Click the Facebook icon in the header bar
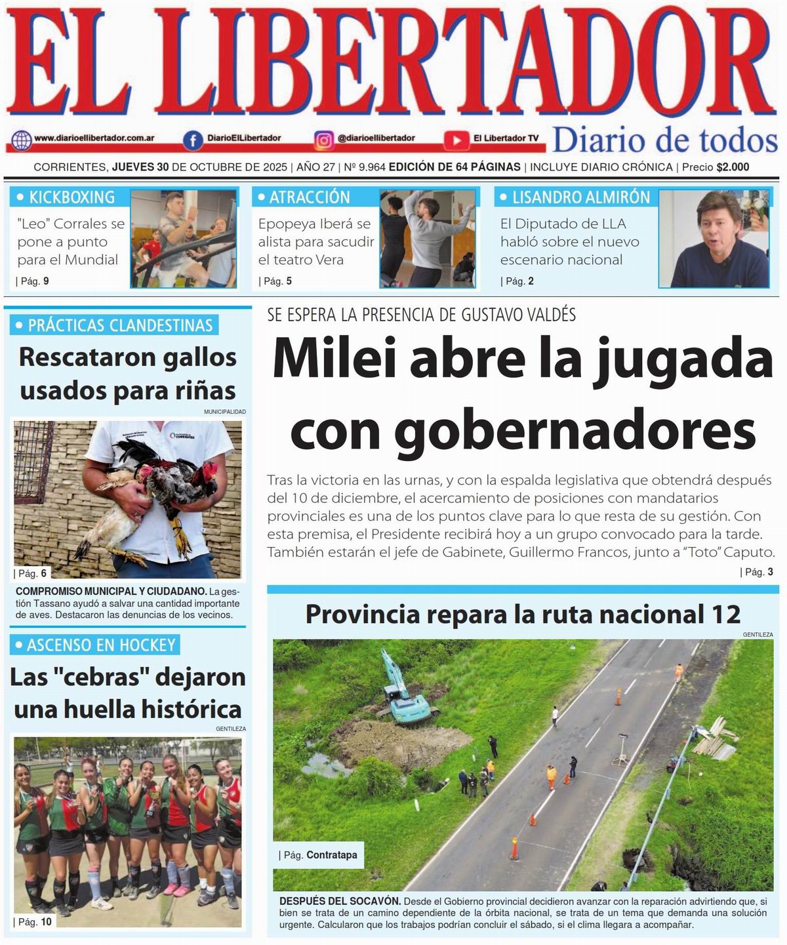point(193,140)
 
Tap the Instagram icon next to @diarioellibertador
point(323,140)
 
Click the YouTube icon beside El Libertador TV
point(455,140)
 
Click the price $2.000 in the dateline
point(733,167)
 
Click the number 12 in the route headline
point(725,614)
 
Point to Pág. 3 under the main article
point(759,572)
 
